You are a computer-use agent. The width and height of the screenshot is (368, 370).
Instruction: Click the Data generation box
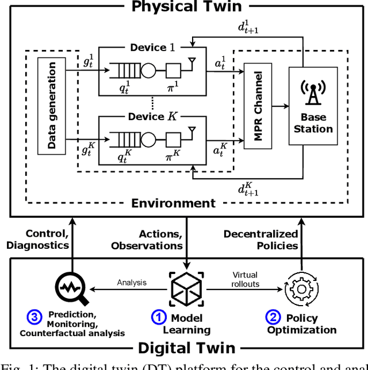click(x=52, y=105)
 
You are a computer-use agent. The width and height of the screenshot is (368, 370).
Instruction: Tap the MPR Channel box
click(x=257, y=106)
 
